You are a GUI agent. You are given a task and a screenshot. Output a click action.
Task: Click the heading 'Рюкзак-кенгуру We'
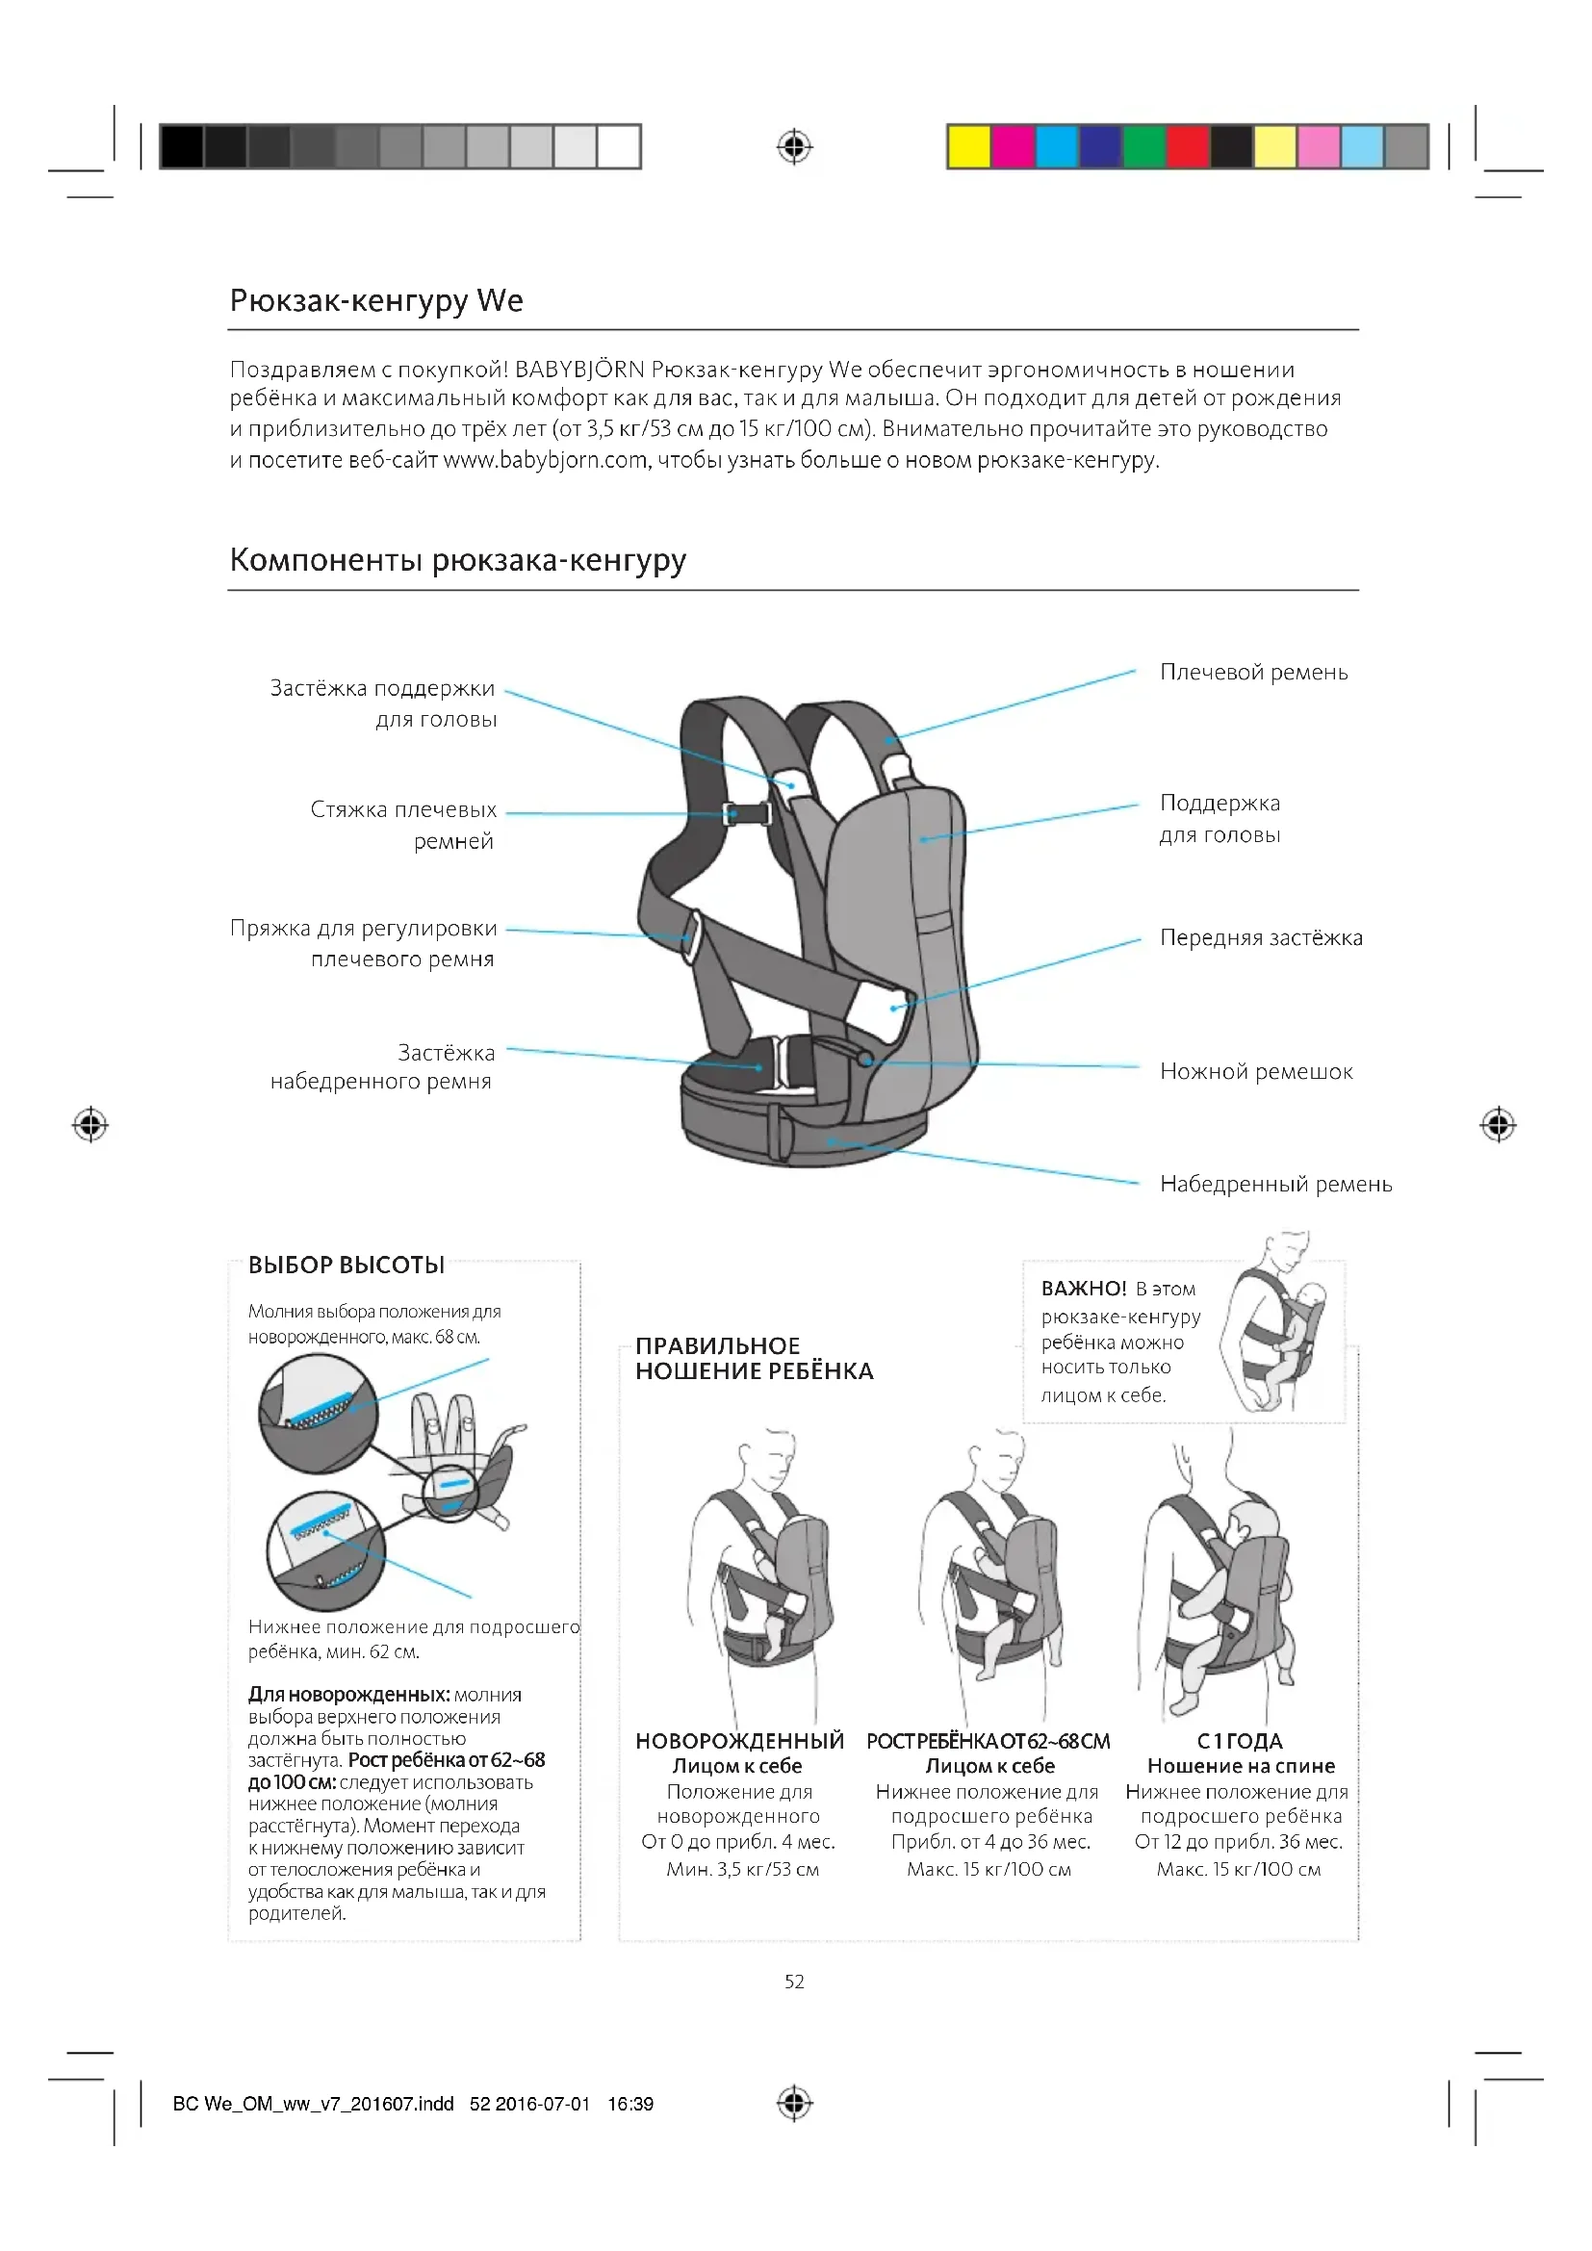376,300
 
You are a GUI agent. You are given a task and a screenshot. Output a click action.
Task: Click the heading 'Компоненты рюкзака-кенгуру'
458,560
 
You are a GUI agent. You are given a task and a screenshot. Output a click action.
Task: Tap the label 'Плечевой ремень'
1254,673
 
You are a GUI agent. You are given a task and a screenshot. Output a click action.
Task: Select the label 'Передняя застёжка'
1261,938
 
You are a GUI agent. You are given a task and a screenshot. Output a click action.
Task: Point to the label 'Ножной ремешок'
1256,1071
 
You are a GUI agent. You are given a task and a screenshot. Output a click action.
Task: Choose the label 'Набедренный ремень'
1275,1185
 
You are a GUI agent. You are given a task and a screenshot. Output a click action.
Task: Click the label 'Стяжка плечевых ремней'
403,825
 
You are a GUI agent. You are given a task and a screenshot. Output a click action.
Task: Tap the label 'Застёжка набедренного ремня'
382,1066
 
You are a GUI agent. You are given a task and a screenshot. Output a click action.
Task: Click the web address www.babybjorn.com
545,460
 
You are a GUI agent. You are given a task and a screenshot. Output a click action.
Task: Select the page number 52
794,1982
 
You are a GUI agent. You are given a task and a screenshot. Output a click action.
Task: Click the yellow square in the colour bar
968,147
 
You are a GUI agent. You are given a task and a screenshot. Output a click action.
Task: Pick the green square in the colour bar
1143,147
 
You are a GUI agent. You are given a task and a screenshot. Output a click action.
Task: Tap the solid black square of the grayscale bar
181,147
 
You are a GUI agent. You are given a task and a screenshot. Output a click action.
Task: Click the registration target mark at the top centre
794,147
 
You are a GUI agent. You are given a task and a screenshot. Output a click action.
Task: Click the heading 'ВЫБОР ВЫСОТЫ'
347,1266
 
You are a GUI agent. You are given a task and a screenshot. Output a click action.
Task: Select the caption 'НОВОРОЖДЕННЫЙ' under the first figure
739,1741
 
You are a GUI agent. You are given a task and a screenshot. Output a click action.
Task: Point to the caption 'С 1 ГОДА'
1240,1741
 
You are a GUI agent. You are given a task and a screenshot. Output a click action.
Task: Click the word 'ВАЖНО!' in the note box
1083,1289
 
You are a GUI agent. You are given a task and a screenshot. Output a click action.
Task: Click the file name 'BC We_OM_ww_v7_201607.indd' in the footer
313,2104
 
